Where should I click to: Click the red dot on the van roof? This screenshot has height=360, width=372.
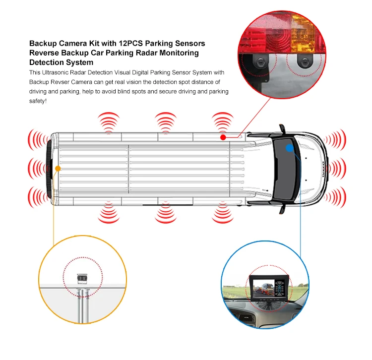click(223, 137)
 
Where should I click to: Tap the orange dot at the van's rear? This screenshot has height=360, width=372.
click(58, 169)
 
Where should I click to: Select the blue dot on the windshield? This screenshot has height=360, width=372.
click(290, 147)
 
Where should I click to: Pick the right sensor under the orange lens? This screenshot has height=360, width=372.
click(303, 62)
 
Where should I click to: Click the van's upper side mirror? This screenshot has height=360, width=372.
click(282, 129)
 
